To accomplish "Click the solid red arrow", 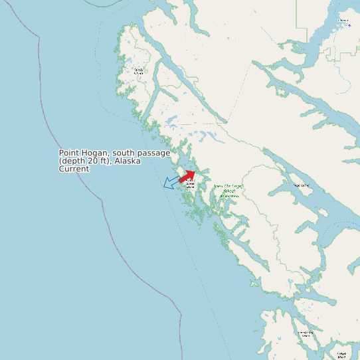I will click(187, 176).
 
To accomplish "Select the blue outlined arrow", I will click(171, 182).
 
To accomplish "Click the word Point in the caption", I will click(70, 153).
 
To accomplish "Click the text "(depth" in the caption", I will click(74, 161).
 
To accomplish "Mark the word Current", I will click(74, 169).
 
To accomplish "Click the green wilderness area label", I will click(228, 191).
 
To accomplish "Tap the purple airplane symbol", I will click(349, 25).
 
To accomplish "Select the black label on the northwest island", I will click(138, 71).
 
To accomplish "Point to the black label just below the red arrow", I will click(190, 183).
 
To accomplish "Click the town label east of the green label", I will click(302, 185).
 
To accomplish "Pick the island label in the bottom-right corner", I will click(341, 354).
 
